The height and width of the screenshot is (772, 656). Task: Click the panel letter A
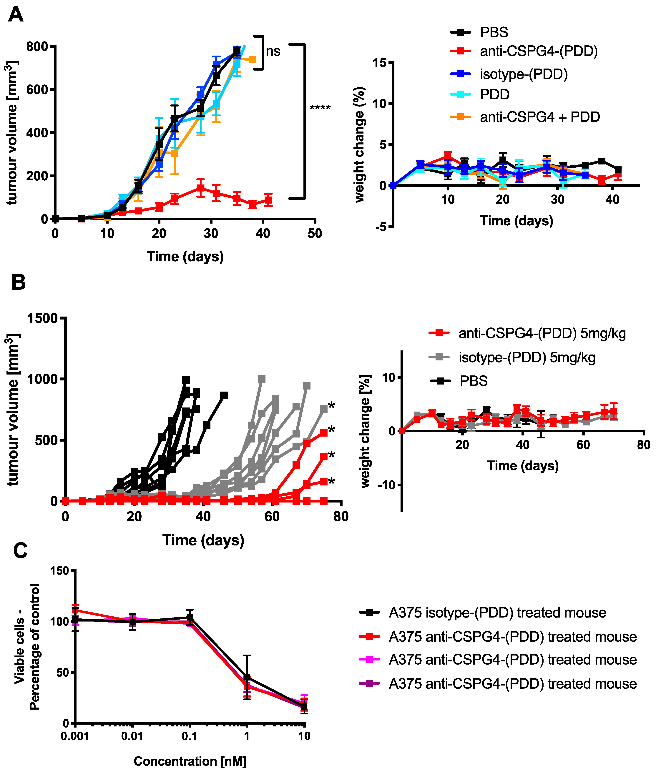(x=16, y=15)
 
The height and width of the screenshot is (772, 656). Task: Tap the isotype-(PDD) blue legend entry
(x=509, y=74)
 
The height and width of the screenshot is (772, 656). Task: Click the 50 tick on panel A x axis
(x=315, y=234)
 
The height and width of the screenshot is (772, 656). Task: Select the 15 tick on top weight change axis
(x=380, y=62)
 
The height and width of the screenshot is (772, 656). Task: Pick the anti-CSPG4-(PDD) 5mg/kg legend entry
(x=527, y=333)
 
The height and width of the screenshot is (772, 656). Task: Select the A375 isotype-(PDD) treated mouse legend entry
(x=483, y=613)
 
